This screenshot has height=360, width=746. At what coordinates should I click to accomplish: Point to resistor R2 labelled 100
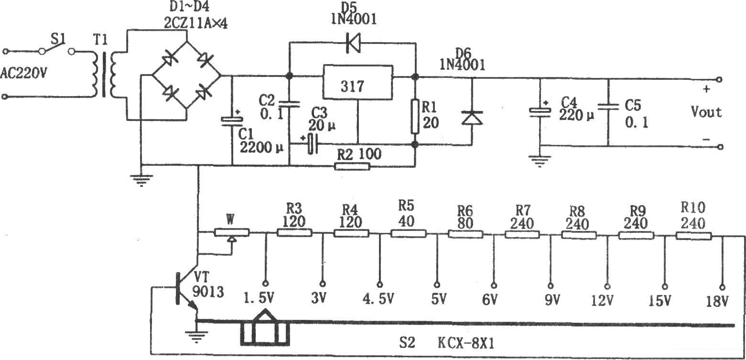[x=352, y=166]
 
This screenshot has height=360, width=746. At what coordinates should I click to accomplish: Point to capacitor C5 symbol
[x=608, y=110]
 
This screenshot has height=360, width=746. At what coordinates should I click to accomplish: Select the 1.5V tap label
[x=259, y=299]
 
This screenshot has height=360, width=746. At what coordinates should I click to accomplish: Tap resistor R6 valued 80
[x=465, y=234]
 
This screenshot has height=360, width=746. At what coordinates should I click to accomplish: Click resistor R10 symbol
[x=693, y=235]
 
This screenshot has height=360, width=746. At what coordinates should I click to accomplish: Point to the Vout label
[x=706, y=112]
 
